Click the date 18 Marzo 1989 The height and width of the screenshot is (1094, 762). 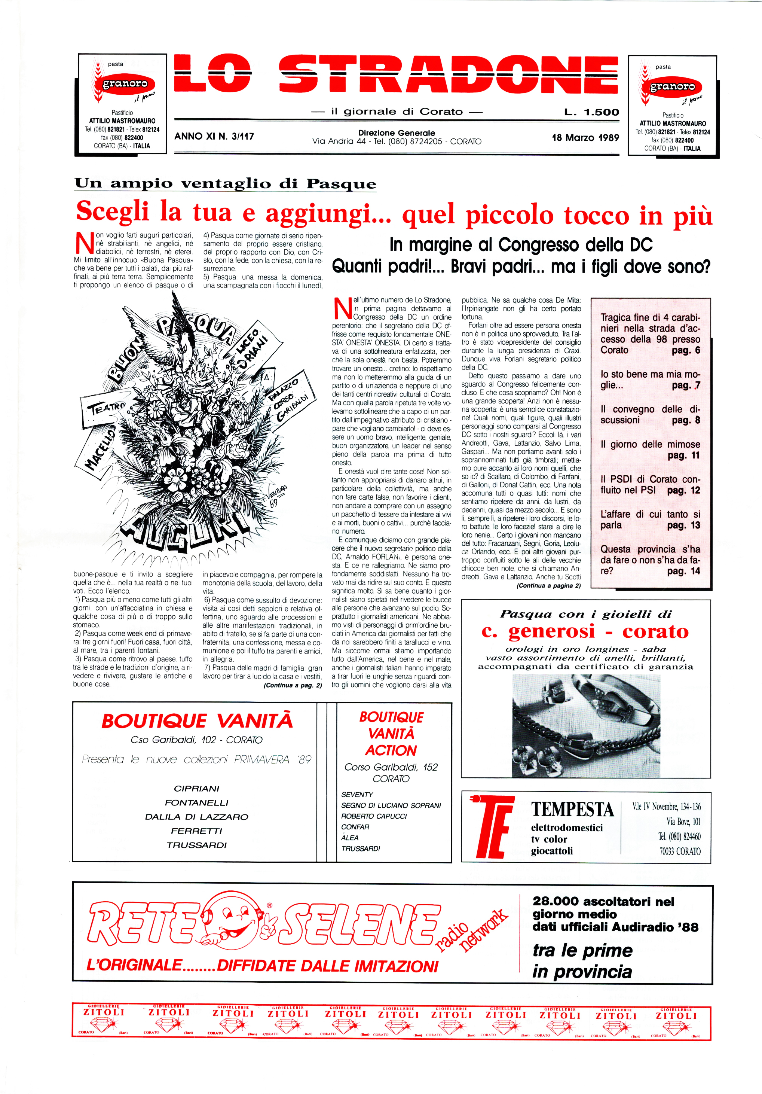[585, 138]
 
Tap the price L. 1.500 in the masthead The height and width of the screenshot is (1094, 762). [591, 112]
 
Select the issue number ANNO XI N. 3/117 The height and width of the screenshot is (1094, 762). [214, 136]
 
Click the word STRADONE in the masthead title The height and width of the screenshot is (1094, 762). [448, 75]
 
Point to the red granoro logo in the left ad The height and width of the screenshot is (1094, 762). [125, 84]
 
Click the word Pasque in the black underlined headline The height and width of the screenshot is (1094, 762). [341, 183]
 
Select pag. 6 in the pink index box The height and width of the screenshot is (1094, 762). [686, 351]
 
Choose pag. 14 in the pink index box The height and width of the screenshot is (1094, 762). [683, 571]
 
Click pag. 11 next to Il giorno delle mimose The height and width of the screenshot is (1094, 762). [683, 455]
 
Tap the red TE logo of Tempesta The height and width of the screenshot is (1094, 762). [492, 827]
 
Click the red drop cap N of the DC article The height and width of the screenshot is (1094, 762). [342, 309]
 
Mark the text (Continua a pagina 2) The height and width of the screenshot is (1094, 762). [548, 586]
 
